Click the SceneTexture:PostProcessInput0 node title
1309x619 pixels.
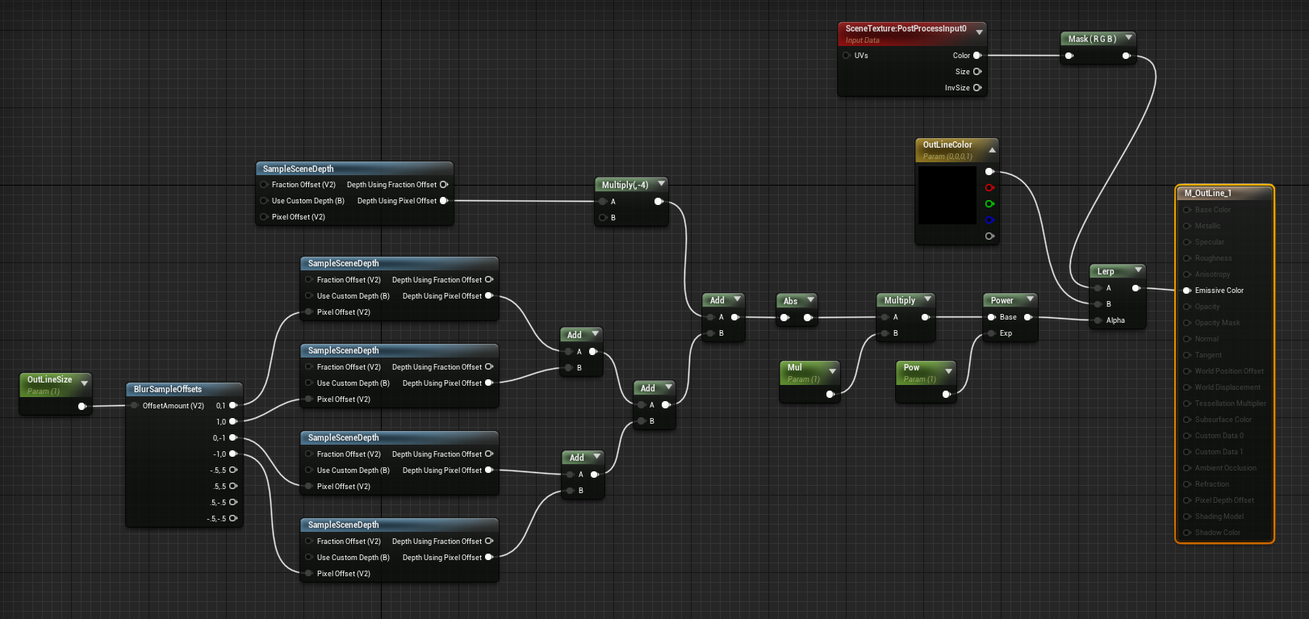905,28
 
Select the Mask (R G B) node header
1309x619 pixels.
1091,39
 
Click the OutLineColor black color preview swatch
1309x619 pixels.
947,194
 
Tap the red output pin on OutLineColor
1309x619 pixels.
989,188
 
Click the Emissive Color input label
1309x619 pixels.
1219,291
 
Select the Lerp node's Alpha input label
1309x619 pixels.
1115,320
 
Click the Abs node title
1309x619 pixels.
790,301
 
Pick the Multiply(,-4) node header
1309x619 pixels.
625,185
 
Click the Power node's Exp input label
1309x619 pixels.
1006,333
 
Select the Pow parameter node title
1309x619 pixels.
911,367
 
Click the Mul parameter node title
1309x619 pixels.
794,367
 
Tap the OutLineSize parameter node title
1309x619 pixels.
49,379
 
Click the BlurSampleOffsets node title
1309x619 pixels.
167,389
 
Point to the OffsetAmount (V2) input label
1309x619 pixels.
173,406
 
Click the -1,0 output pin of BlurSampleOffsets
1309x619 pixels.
233,454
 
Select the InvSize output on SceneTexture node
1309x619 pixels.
977,88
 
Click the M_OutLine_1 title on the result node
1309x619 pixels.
1207,193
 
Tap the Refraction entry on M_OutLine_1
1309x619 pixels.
1211,484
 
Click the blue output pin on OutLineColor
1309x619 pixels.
989,220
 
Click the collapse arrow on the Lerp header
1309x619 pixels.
1138,270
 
